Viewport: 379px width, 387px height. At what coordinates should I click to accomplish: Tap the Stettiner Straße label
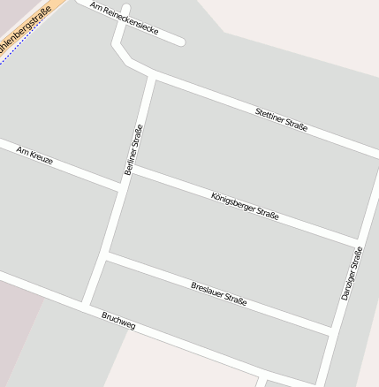coord(281,119)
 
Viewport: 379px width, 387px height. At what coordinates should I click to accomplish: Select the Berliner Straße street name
coord(134,149)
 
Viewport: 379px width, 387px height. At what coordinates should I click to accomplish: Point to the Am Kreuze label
coord(34,156)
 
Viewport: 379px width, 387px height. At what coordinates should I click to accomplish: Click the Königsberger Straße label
coord(245,206)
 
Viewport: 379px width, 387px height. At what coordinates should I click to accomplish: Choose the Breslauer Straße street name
coord(218,293)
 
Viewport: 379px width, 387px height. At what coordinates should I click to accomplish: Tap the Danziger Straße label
coord(352,272)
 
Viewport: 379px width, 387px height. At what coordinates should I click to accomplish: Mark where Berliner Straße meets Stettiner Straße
coord(153,78)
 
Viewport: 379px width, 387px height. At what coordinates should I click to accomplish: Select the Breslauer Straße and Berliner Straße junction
coord(105,256)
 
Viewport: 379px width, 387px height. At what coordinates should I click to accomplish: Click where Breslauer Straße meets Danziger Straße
coord(333,330)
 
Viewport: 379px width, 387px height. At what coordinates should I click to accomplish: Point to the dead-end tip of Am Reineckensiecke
coord(181,41)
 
